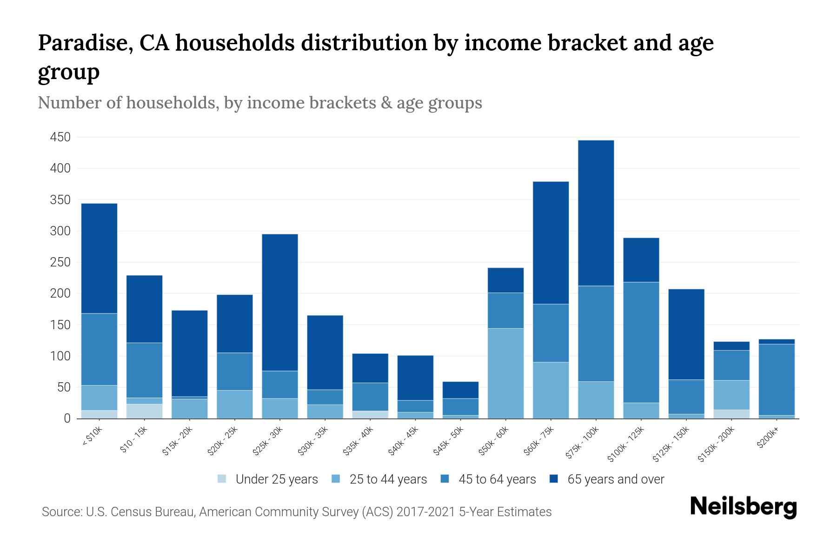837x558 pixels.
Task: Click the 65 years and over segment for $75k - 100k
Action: pos(596,213)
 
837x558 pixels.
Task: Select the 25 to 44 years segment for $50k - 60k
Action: pos(505,373)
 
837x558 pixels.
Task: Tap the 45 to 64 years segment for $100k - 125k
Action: pos(641,342)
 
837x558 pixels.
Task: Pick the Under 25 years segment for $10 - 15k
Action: pos(144,411)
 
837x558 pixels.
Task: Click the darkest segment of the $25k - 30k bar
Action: pos(280,302)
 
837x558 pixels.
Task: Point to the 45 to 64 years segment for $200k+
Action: pos(776,379)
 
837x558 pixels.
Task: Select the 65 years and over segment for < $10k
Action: pos(99,259)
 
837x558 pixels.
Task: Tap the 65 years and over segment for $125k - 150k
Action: pos(686,334)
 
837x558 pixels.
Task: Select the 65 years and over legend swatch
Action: pos(554,479)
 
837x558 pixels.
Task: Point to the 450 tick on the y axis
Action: pos(60,137)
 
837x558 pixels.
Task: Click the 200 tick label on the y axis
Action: pos(60,293)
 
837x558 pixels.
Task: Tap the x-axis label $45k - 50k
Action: pos(449,441)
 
